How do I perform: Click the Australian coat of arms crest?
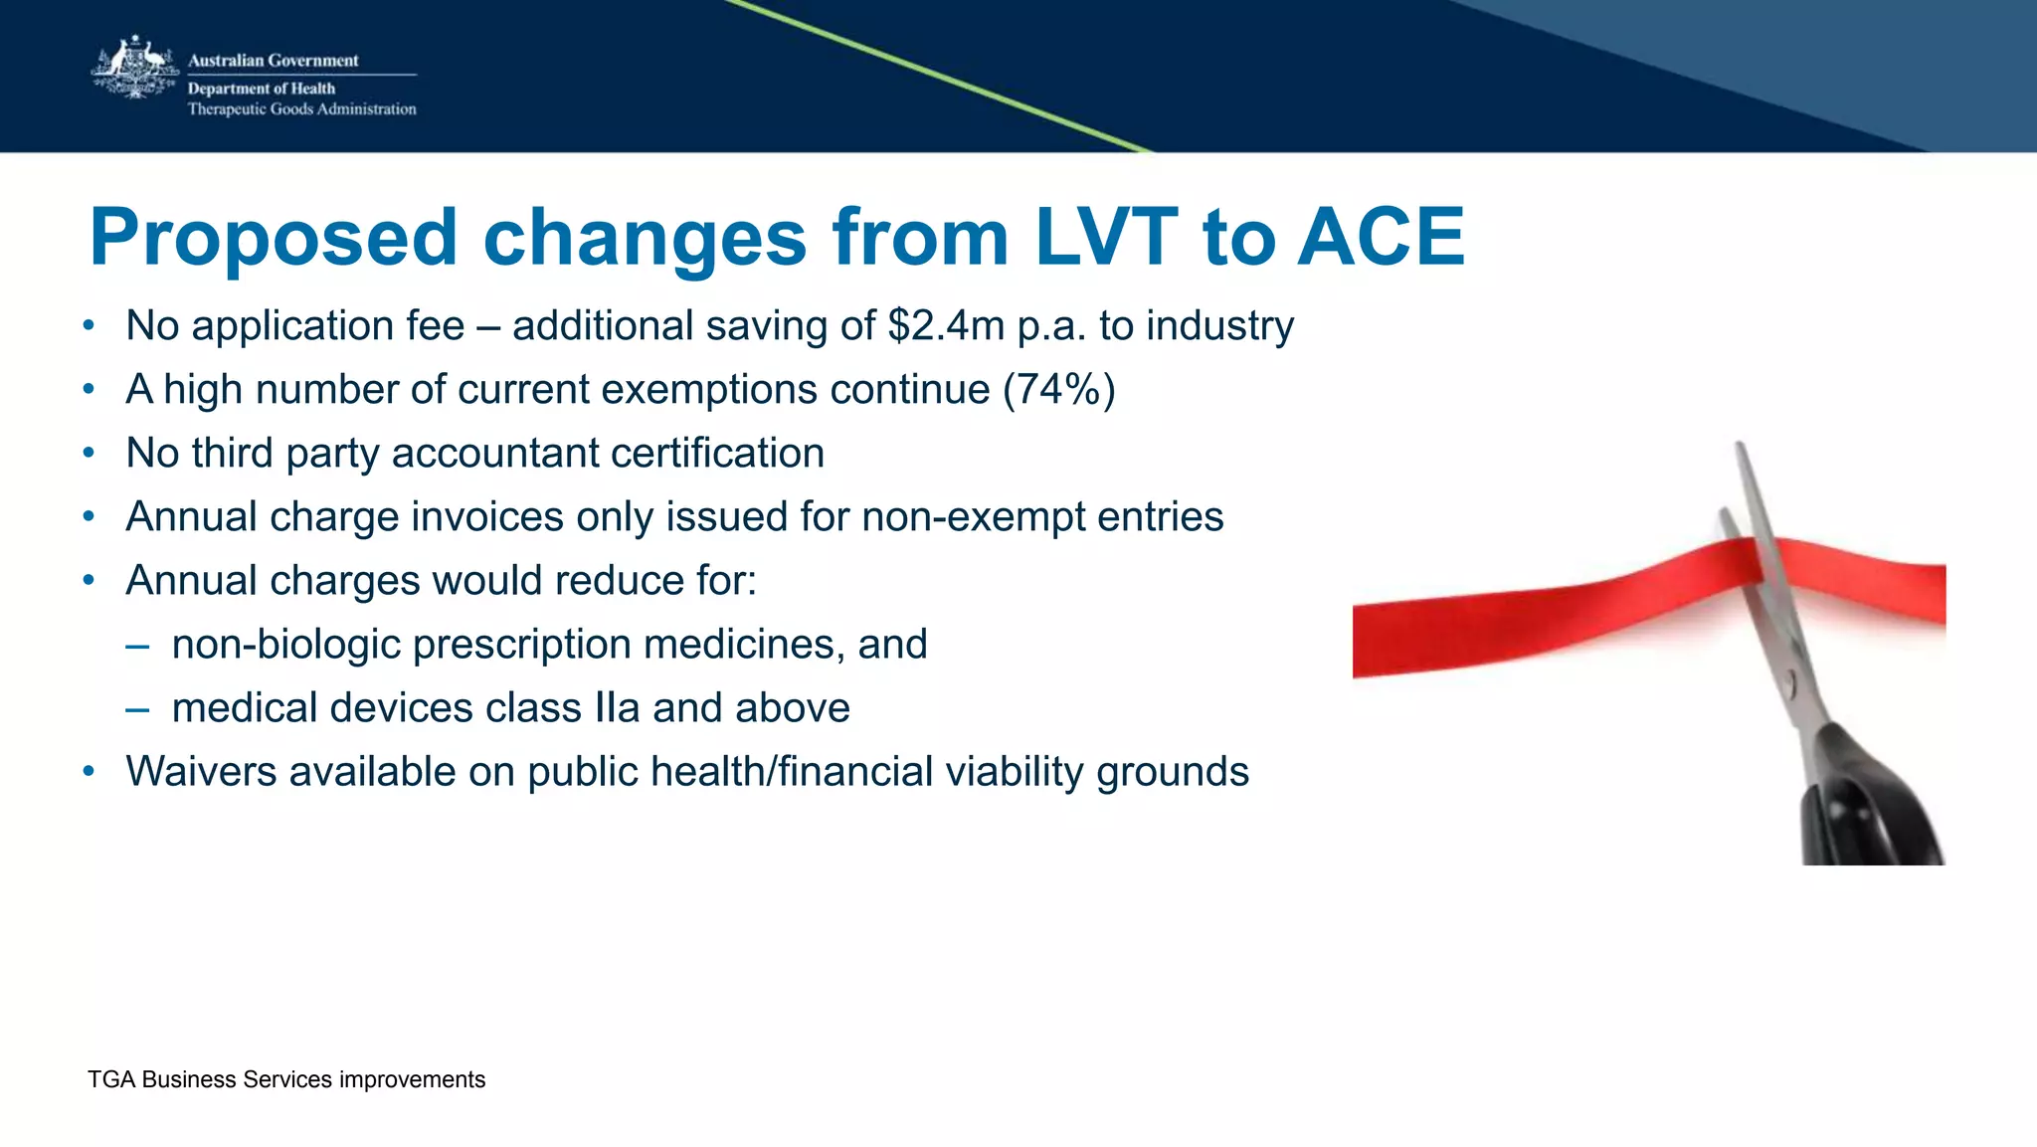coord(134,68)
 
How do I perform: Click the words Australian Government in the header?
coord(273,61)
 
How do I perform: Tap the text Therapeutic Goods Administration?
coord(301,109)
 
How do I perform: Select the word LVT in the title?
coord(1105,238)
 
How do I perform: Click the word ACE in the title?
coord(1381,238)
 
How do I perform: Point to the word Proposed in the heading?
coord(273,238)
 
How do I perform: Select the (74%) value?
coord(1058,389)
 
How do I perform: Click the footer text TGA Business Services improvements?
coord(286,1079)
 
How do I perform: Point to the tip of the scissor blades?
coord(1740,448)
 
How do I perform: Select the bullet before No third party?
coord(89,454)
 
